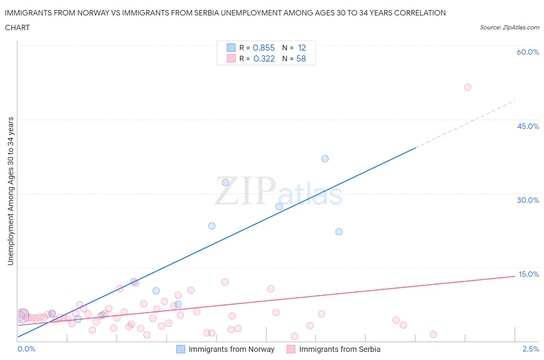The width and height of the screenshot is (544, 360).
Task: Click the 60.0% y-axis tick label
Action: (528, 52)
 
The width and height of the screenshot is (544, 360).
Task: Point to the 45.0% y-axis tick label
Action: (528, 126)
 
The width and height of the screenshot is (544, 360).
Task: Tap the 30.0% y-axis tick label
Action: (528, 200)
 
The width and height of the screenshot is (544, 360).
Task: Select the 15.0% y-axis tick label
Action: (529, 274)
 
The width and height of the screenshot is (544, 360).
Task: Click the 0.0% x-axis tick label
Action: (26, 349)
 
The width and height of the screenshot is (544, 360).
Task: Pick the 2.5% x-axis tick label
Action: (530, 349)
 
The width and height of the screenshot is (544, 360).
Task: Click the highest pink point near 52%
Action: (467, 87)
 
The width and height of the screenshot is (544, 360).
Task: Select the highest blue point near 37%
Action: (325, 159)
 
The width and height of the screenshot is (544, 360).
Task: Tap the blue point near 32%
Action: (225, 182)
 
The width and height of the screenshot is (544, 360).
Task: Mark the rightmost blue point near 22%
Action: (339, 232)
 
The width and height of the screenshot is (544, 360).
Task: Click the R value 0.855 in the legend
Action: (263, 48)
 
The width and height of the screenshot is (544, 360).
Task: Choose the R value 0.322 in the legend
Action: (264, 58)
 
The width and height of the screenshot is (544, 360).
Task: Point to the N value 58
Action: (301, 58)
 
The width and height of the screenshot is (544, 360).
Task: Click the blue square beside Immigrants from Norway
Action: (181, 349)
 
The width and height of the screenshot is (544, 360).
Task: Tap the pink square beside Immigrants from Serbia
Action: (291, 349)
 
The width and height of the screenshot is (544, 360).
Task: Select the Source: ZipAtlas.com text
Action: (509, 27)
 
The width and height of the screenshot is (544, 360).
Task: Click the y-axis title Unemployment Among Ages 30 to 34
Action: (10, 191)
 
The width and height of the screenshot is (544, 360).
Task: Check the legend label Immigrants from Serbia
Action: (339, 349)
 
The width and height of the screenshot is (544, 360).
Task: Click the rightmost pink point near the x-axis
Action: (433, 334)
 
